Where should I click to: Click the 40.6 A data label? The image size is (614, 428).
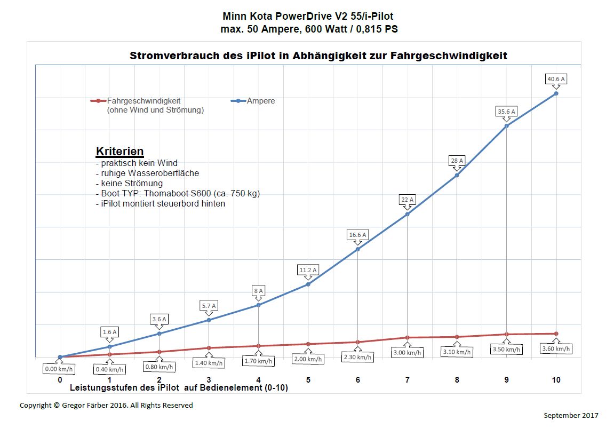(556, 80)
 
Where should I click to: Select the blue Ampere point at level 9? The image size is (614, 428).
(506, 125)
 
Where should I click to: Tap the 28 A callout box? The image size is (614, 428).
(457, 161)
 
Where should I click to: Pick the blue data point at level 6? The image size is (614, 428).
(357, 249)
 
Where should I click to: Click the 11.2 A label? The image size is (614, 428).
(308, 270)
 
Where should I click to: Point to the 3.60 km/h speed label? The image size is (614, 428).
(556, 349)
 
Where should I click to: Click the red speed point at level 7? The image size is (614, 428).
(408, 337)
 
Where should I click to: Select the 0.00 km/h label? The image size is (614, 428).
(59, 369)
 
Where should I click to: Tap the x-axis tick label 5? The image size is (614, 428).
(308, 380)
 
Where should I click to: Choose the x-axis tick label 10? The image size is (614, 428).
(556, 380)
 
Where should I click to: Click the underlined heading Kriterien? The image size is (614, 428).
(119, 151)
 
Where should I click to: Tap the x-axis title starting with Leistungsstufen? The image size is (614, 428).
(179, 388)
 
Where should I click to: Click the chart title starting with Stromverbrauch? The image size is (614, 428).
(318, 56)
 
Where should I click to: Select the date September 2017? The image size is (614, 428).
(571, 415)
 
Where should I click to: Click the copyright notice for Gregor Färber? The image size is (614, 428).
(106, 405)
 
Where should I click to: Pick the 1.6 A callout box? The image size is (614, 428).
(109, 332)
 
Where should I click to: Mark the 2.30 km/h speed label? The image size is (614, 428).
(357, 357)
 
